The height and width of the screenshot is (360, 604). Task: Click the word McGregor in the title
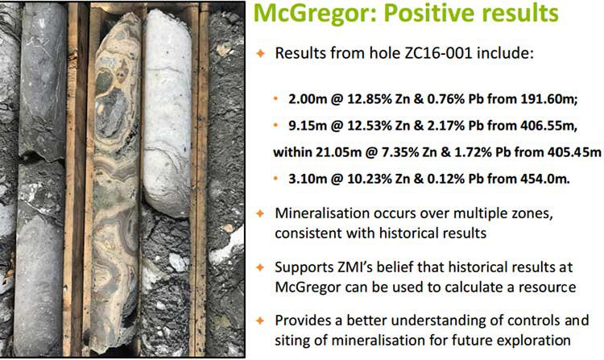coord(315,14)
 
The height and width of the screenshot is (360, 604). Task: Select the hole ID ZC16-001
coord(438,53)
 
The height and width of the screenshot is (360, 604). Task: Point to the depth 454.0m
coord(545,179)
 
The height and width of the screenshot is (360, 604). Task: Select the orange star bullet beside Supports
coord(261,267)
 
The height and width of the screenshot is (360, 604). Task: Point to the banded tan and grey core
coord(115,181)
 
